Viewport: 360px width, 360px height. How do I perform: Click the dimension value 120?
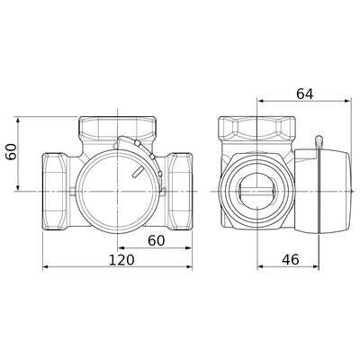pos(121,260)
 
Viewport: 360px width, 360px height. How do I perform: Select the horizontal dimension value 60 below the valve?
pos(157,240)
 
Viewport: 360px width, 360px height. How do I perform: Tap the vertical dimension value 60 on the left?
pos(12,152)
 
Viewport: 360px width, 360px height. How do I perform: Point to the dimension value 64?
pos(304,94)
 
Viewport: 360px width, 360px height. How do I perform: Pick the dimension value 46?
pos(291,260)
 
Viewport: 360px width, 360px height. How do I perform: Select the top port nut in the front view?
pos(117,128)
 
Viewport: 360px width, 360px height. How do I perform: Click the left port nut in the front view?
pos(55,192)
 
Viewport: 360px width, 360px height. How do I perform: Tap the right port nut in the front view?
pos(179,192)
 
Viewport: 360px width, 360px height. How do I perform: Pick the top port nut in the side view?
pos(257,128)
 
